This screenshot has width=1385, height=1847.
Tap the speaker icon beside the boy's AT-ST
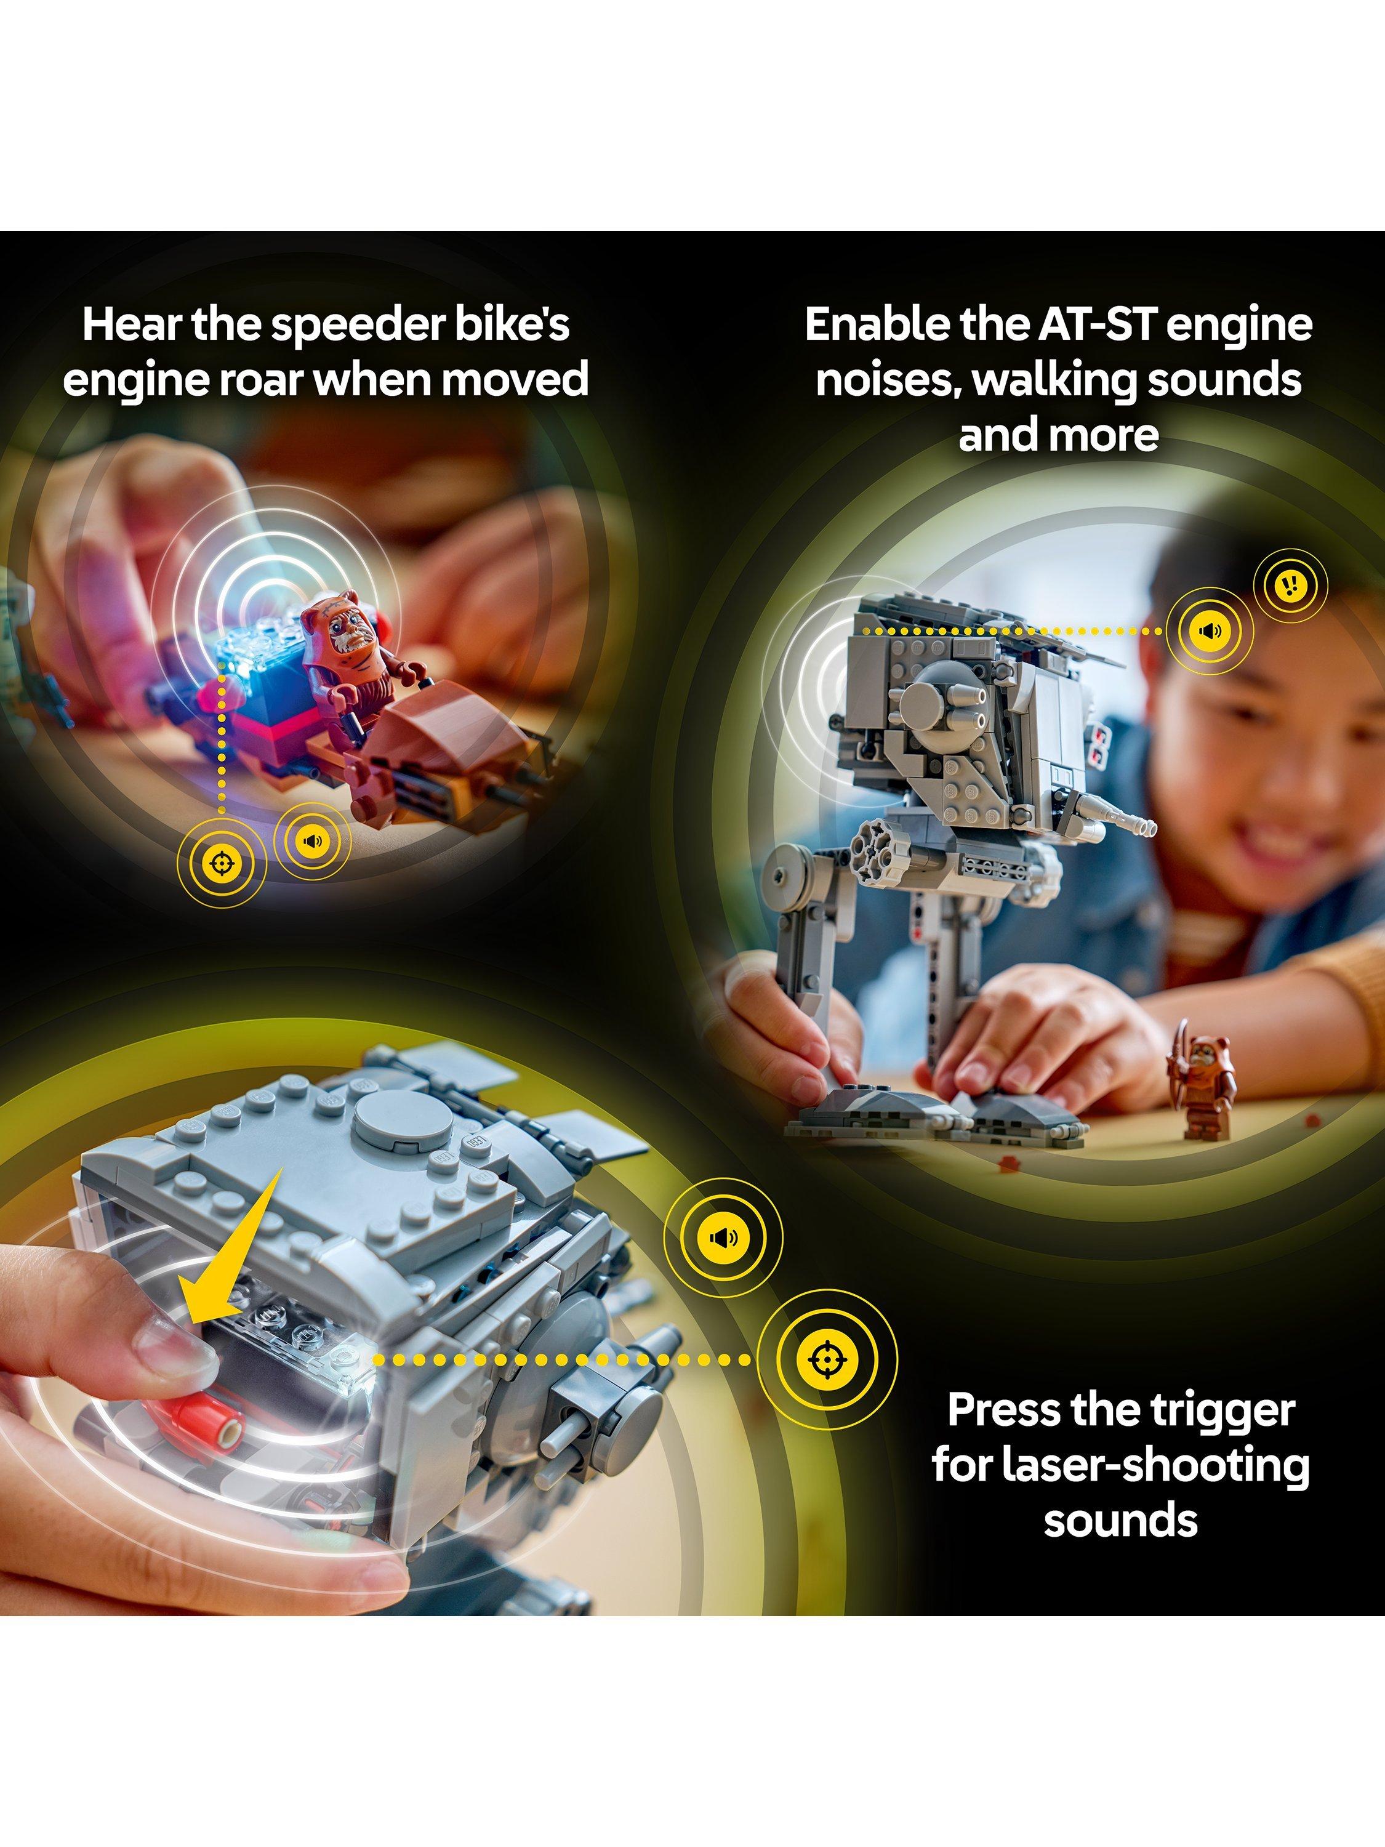point(1210,631)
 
